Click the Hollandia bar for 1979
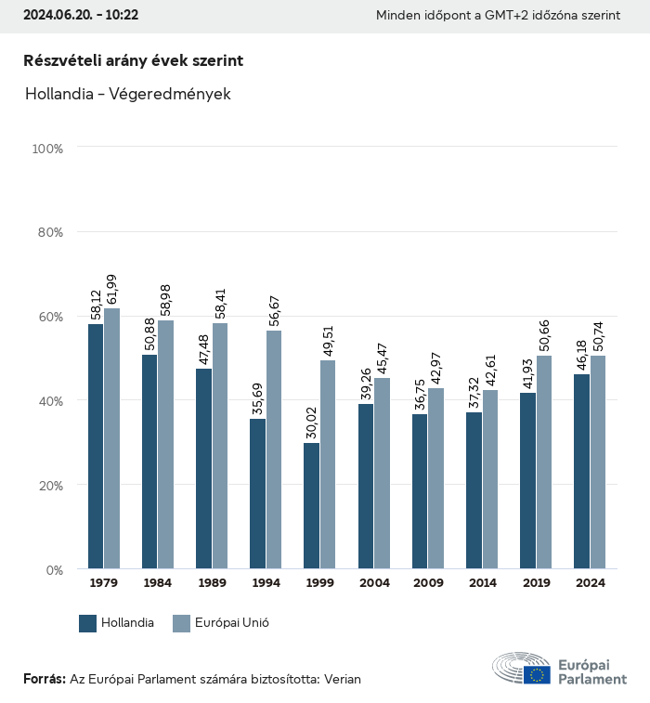[x=96, y=446]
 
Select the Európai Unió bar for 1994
[x=274, y=449]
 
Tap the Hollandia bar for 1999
[x=311, y=506]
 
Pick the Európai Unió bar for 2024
[x=598, y=462]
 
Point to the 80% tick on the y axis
[x=47, y=232]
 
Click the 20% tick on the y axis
[x=47, y=486]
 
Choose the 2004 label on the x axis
[x=374, y=583]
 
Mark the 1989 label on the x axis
[x=212, y=583]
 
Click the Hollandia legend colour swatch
[x=88, y=623]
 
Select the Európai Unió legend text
[x=232, y=623]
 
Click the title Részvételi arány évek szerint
[x=134, y=60]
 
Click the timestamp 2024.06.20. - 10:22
[x=82, y=16]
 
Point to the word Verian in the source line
[x=340, y=679]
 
